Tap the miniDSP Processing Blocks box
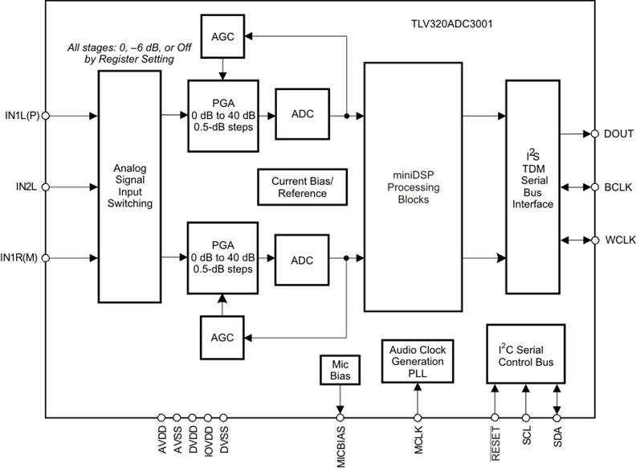coord(413,187)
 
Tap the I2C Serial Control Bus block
coord(525,357)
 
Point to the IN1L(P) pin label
coord(22,116)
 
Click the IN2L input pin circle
coord(45,187)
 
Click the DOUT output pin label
coord(618,133)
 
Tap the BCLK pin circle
coord(595,187)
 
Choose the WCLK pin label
coord(619,240)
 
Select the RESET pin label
coord(495,441)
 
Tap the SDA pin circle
coord(556,417)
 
